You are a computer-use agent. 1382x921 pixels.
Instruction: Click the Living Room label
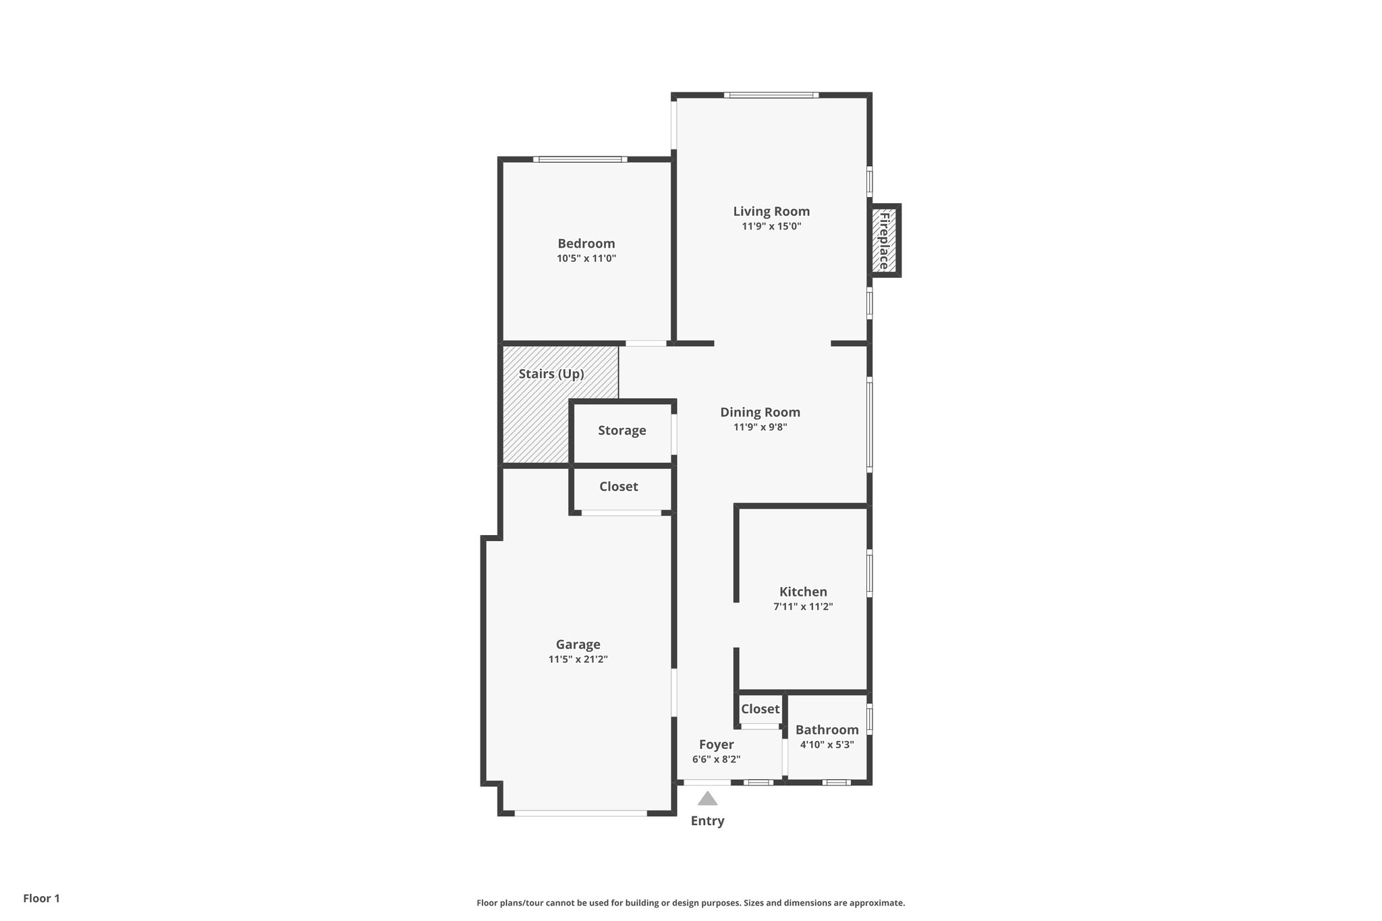[771, 211]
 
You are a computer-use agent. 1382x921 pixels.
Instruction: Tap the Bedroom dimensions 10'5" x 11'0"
[586, 258]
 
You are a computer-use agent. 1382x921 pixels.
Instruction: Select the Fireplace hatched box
[884, 240]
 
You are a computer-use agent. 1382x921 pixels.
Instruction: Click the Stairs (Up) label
[551, 374]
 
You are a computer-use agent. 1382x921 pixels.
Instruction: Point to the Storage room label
[621, 430]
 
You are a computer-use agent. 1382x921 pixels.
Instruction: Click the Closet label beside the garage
[618, 486]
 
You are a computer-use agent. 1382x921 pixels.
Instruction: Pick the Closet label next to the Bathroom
[760, 709]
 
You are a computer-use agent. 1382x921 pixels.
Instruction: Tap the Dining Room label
[760, 412]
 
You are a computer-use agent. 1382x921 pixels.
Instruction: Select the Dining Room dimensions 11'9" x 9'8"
[760, 427]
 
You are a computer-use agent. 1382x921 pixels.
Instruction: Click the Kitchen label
[803, 592]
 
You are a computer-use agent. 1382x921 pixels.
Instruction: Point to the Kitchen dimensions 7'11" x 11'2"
[803, 607]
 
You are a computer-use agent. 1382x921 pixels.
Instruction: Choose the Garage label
[578, 644]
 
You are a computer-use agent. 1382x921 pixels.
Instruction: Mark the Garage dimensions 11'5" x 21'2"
[578, 659]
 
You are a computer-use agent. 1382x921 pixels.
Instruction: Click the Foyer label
[716, 744]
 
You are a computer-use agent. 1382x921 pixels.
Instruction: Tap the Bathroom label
[827, 729]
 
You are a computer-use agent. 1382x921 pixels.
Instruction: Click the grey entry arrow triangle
[707, 800]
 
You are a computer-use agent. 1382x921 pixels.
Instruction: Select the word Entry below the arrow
[707, 821]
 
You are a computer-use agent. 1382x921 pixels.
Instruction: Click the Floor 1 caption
[42, 898]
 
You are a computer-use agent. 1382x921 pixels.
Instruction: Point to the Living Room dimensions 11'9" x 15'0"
[771, 226]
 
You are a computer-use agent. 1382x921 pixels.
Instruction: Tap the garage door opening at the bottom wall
[580, 813]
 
